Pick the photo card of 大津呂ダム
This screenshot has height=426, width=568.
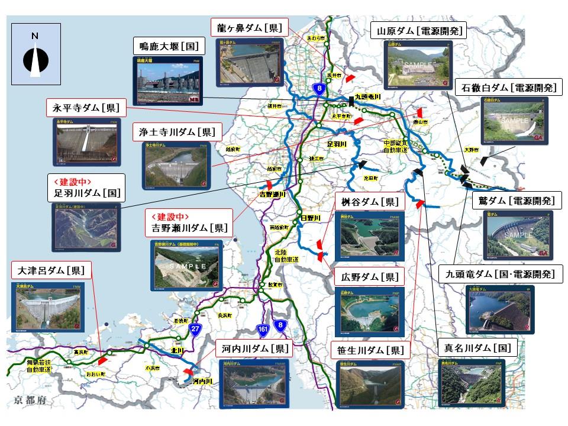click(x=49, y=306)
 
